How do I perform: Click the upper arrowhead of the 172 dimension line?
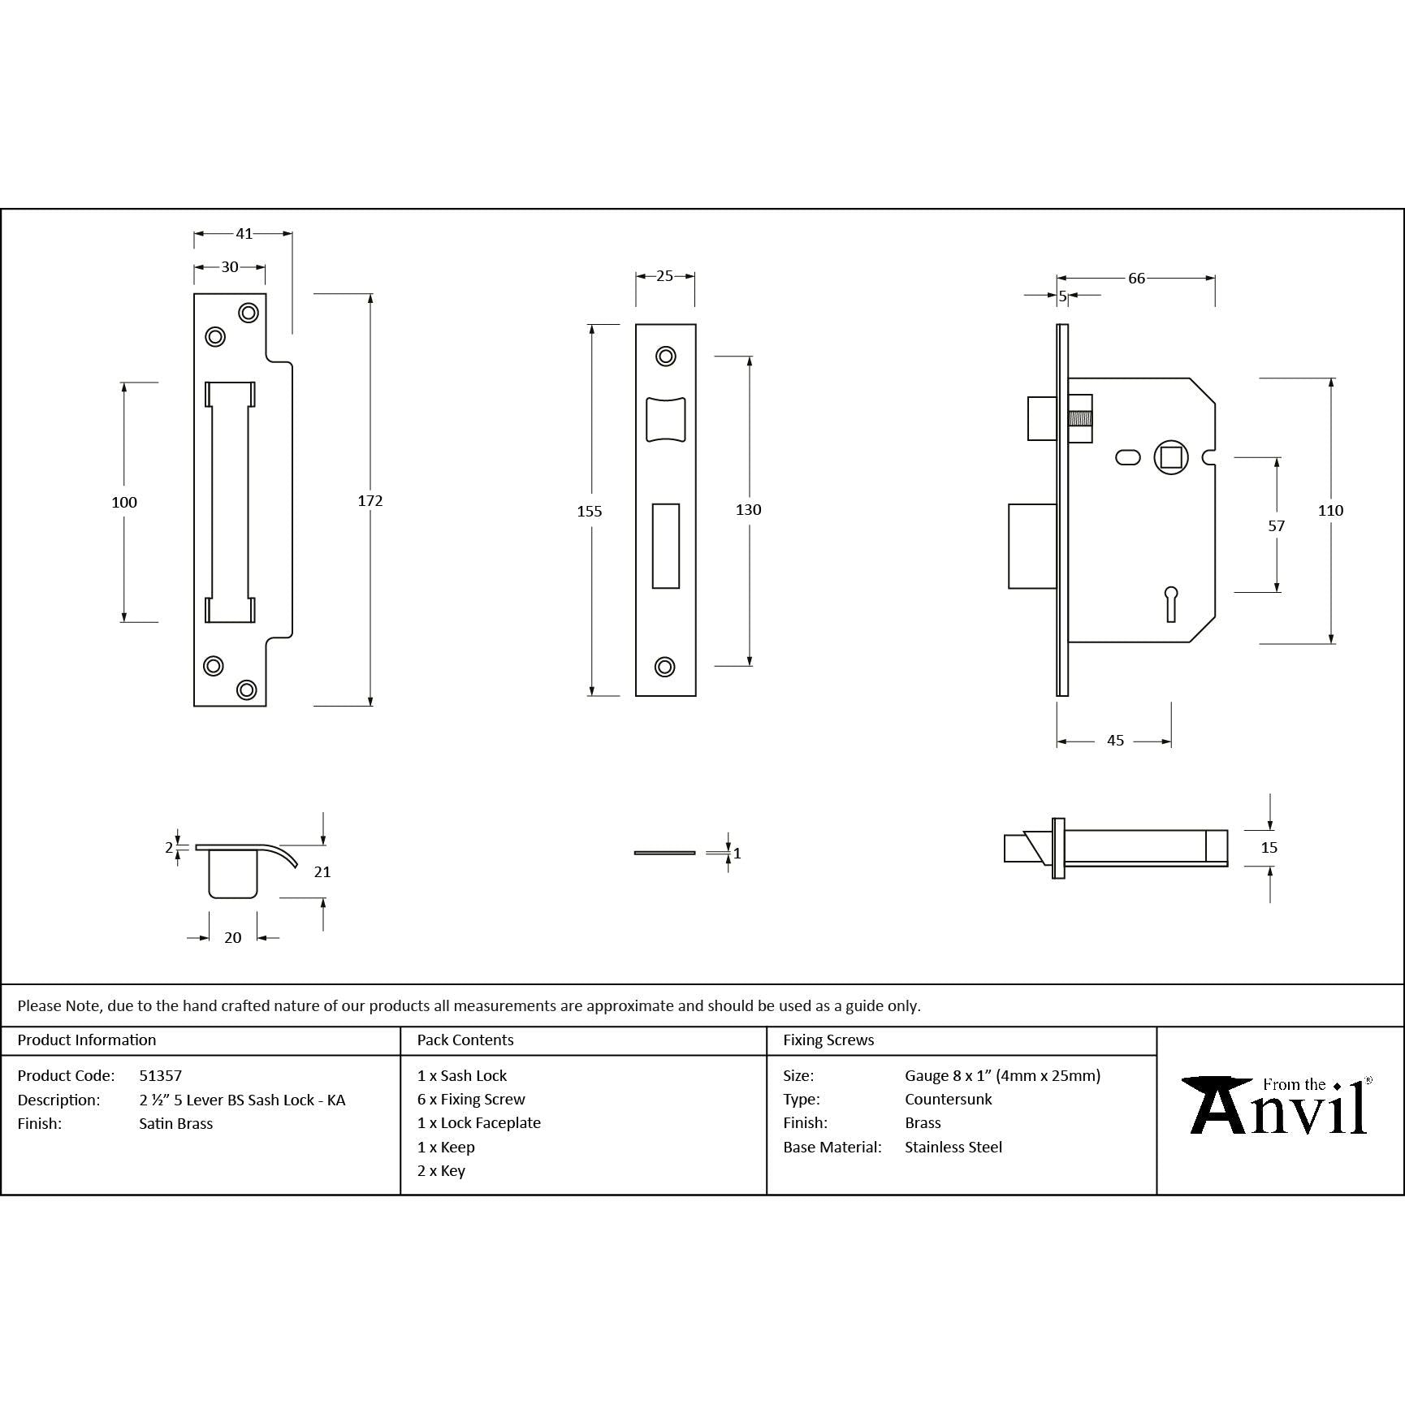click(x=370, y=299)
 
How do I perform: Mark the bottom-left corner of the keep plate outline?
click(x=194, y=706)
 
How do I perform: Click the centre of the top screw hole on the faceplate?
click(x=666, y=356)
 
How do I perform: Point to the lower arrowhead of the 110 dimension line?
click(x=1331, y=638)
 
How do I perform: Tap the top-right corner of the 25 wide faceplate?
click(x=696, y=325)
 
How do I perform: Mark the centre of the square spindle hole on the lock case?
click(x=1171, y=458)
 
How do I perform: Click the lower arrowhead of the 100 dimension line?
click(x=124, y=617)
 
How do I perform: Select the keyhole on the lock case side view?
click(x=1171, y=603)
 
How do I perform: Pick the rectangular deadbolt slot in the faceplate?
click(x=666, y=545)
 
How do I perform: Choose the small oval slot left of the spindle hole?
click(x=1128, y=458)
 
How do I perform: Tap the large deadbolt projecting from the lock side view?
click(x=1032, y=546)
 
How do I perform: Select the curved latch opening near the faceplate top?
click(x=666, y=420)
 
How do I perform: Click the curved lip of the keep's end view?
click(x=281, y=854)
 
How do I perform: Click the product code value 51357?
click(x=160, y=1075)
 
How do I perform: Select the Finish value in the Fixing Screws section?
click(x=923, y=1122)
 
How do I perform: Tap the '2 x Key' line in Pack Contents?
click(x=441, y=1170)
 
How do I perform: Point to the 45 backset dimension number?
click(x=1115, y=741)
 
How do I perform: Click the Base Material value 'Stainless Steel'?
click(x=953, y=1147)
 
